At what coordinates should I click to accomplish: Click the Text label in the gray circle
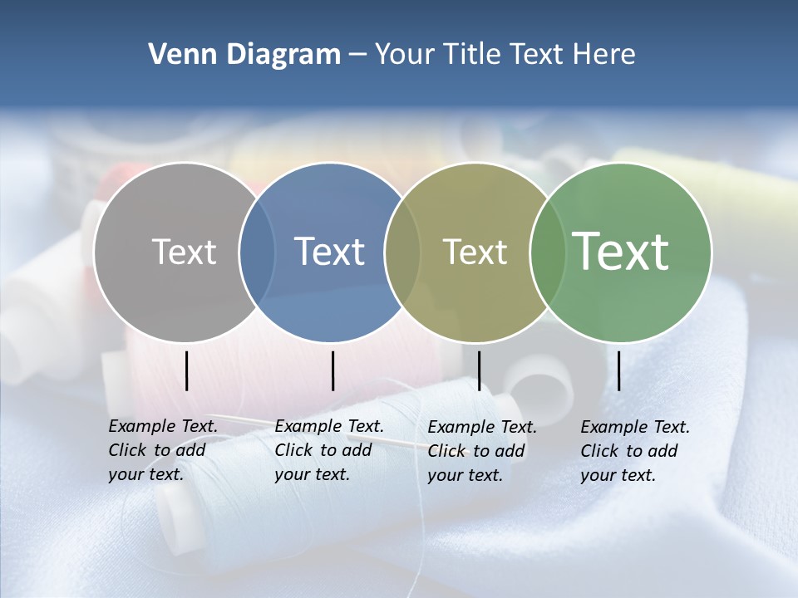(x=184, y=252)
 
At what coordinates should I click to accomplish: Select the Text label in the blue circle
(x=329, y=252)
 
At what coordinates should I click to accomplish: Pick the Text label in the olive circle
(x=475, y=252)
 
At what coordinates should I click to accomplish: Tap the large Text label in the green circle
(x=621, y=252)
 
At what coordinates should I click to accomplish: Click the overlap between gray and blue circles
(x=257, y=252)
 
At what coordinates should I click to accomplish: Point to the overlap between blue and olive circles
(x=402, y=252)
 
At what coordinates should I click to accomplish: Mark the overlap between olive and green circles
(x=548, y=252)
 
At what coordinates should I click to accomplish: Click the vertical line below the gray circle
(x=187, y=370)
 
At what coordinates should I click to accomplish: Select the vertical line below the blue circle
(x=332, y=370)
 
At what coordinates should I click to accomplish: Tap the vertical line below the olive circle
(x=479, y=370)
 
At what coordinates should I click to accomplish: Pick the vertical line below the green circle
(x=618, y=370)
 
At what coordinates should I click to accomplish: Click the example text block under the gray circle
(x=162, y=450)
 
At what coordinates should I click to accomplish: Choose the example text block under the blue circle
(x=328, y=450)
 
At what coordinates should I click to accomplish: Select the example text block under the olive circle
(x=481, y=451)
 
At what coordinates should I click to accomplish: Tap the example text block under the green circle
(x=634, y=451)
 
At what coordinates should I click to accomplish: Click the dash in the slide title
(x=357, y=55)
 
